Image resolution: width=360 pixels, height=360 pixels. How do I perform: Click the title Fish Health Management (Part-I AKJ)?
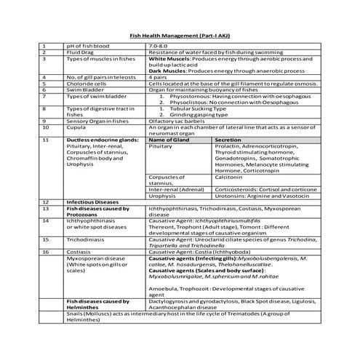(179, 34)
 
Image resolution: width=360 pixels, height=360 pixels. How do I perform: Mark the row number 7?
(44, 95)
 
